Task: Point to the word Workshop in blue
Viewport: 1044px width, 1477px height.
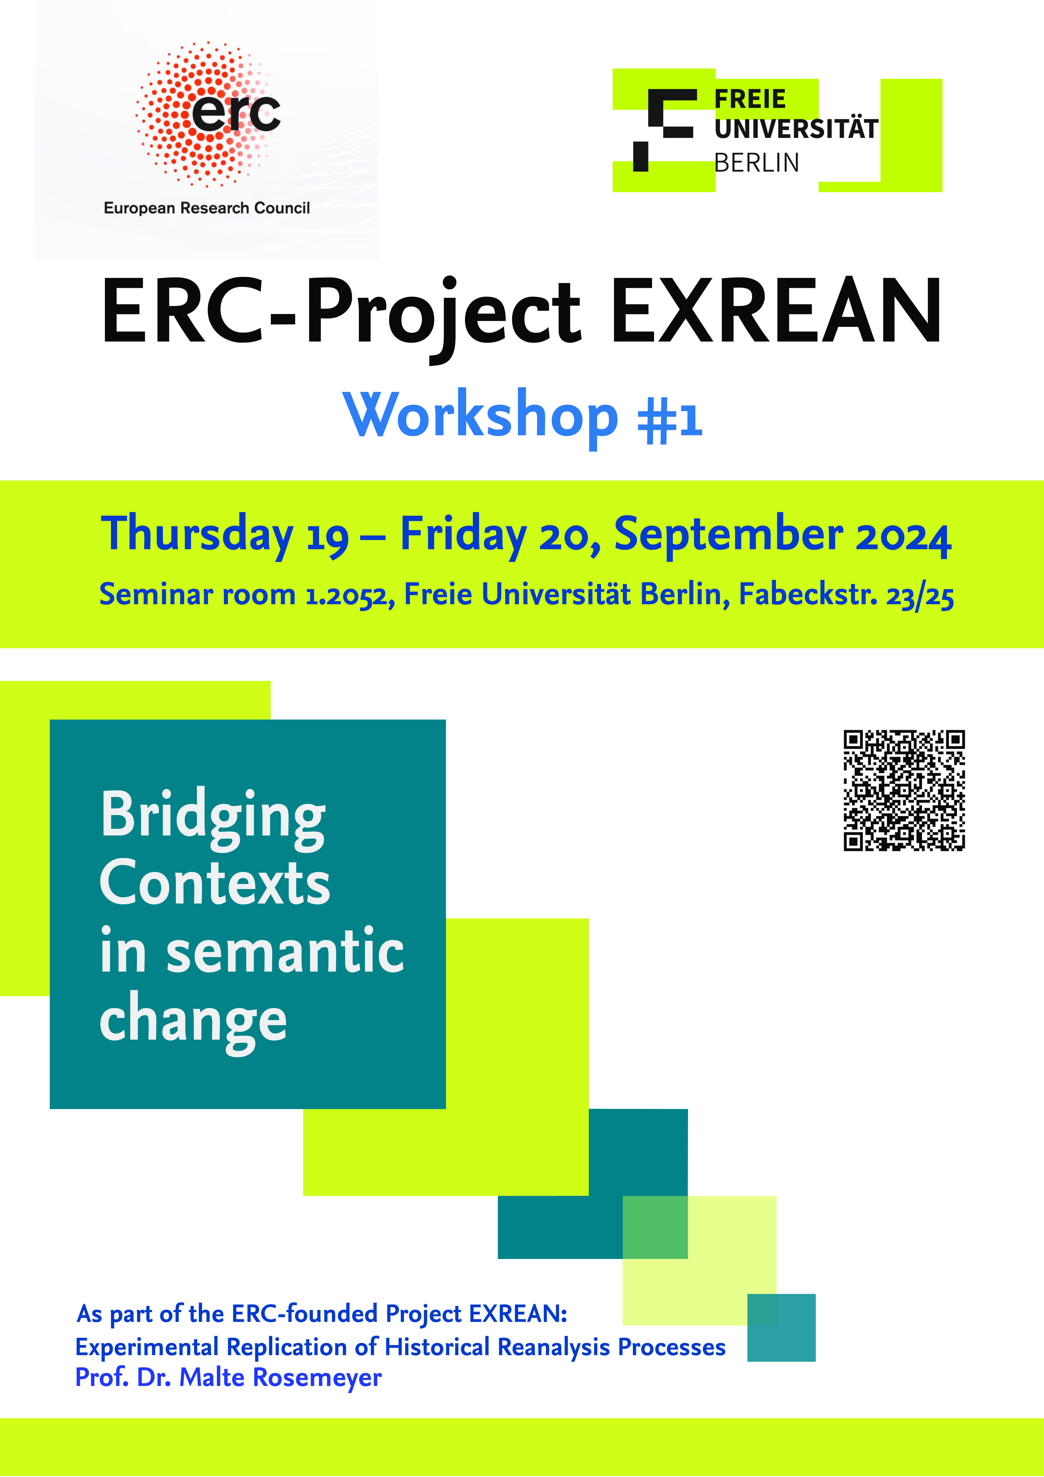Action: pos(480,415)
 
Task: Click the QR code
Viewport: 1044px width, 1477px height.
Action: pos(904,791)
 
